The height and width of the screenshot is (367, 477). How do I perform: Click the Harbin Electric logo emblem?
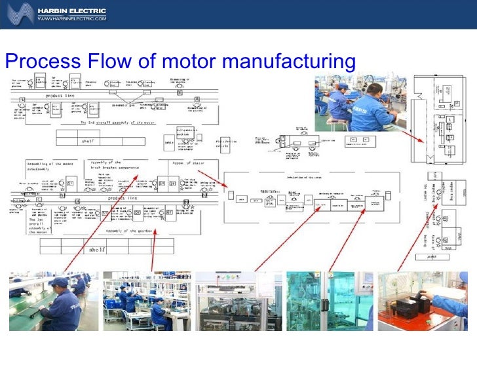tap(18, 13)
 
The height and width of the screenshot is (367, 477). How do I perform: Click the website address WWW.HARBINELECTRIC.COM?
tap(71, 20)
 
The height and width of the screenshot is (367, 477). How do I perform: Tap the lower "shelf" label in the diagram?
tap(96, 250)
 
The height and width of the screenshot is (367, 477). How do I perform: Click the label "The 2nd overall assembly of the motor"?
tap(122, 123)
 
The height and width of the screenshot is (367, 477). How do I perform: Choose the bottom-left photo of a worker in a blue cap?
tap(52, 301)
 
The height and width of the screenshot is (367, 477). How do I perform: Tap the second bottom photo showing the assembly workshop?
tap(147, 301)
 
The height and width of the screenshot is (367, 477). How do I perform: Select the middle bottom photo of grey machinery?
tap(238, 301)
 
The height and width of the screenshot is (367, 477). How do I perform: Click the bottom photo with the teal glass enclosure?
tap(329, 301)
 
